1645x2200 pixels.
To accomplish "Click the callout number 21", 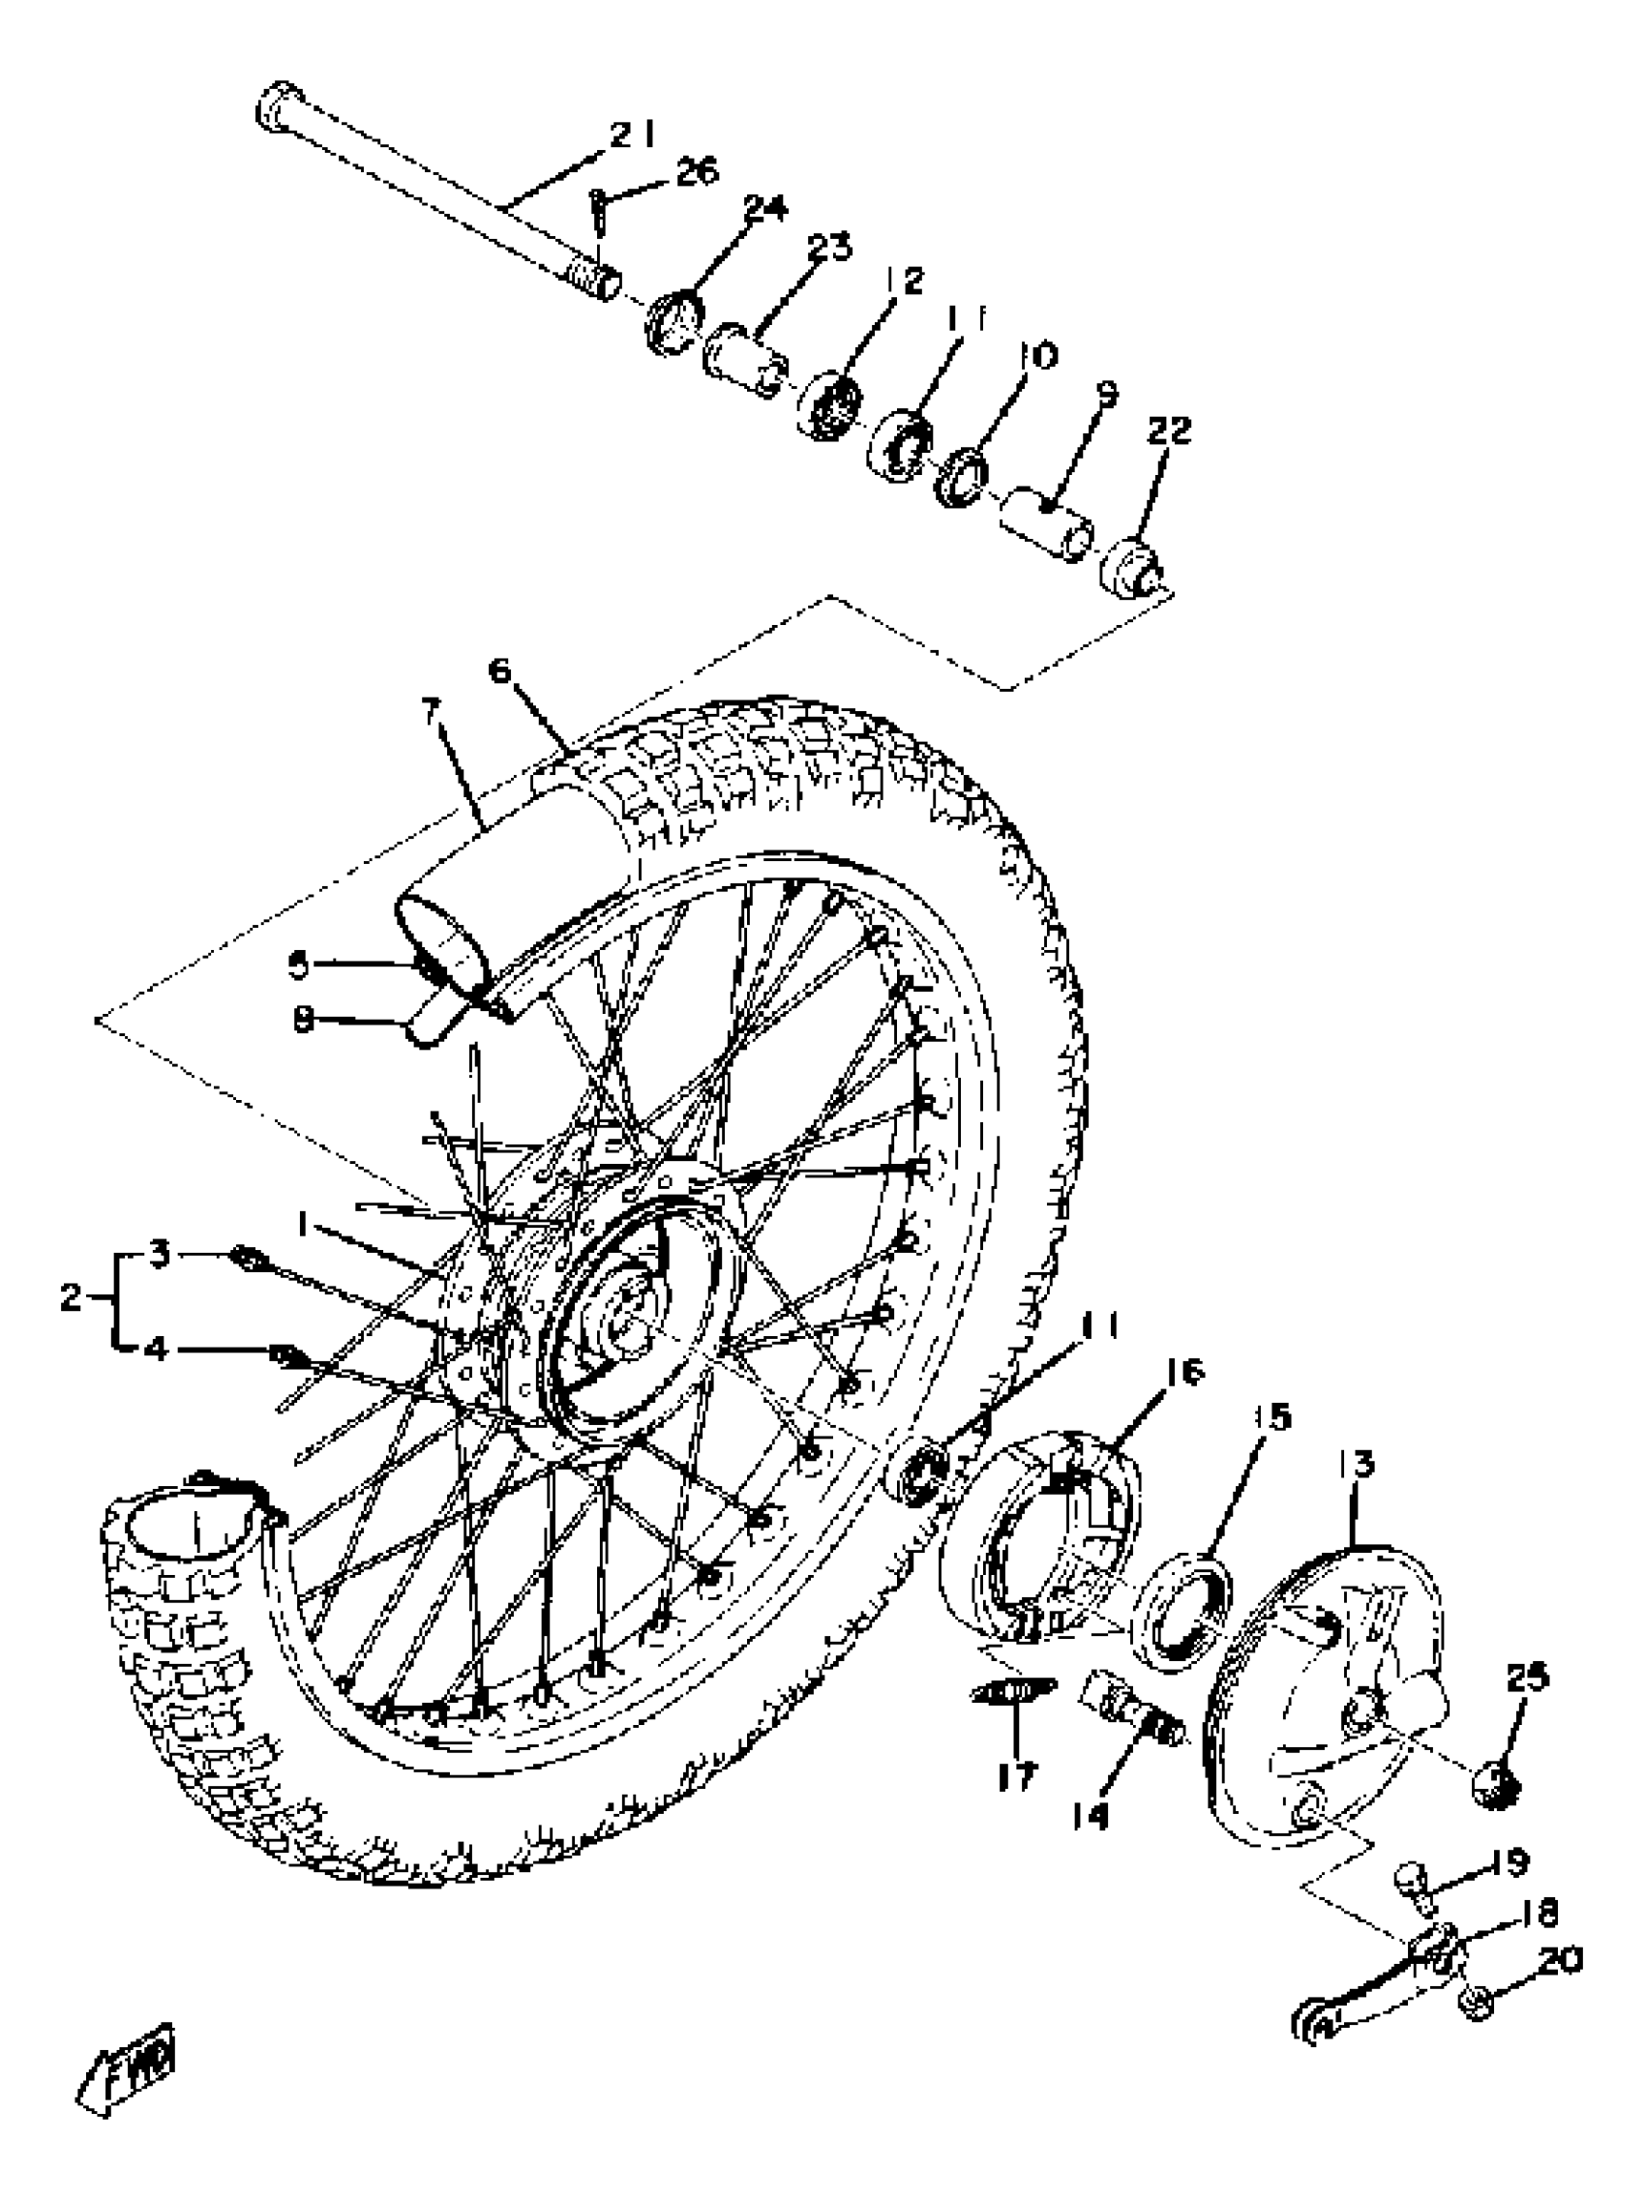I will click(631, 134).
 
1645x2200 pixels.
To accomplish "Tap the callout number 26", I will click(695, 172).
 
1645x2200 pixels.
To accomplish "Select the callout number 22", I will click(1168, 431).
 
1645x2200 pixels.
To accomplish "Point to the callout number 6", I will click(499, 671).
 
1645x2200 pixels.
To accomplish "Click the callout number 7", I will click(430, 712).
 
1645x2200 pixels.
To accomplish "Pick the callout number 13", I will click(1357, 1464).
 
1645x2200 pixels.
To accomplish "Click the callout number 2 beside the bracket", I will click(70, 1298).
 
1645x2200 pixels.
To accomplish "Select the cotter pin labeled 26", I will click(602, 212).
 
